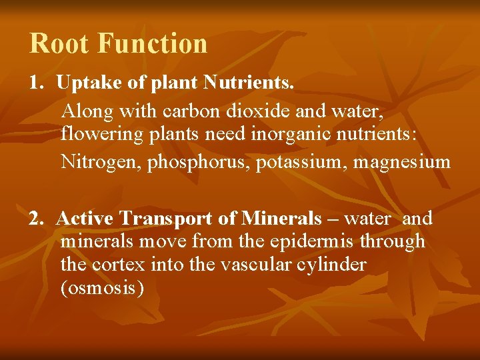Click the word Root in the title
59,44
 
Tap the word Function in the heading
153,44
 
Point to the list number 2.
35,219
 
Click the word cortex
111,265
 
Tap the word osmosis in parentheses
102,288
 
